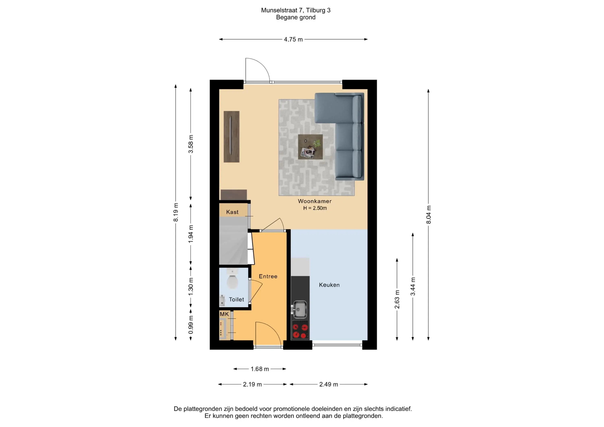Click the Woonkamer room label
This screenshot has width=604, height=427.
(315, 201)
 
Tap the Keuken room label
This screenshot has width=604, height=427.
(329, 285)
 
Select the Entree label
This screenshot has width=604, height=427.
(268, 276)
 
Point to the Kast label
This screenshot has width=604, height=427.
(232, 212)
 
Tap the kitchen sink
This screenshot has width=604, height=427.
(299, 309)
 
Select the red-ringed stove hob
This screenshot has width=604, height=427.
(300, 330)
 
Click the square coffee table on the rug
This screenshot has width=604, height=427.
(310, 147)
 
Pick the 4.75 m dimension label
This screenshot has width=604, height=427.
(293, 39)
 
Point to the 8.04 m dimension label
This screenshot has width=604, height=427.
(428, 215)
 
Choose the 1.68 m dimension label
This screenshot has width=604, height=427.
(260, 369)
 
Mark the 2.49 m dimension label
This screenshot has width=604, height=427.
(329, 384)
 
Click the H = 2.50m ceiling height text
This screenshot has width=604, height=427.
(315, 208)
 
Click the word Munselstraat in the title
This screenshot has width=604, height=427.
(279, 10)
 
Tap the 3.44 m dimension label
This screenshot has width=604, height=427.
(413, 286)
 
